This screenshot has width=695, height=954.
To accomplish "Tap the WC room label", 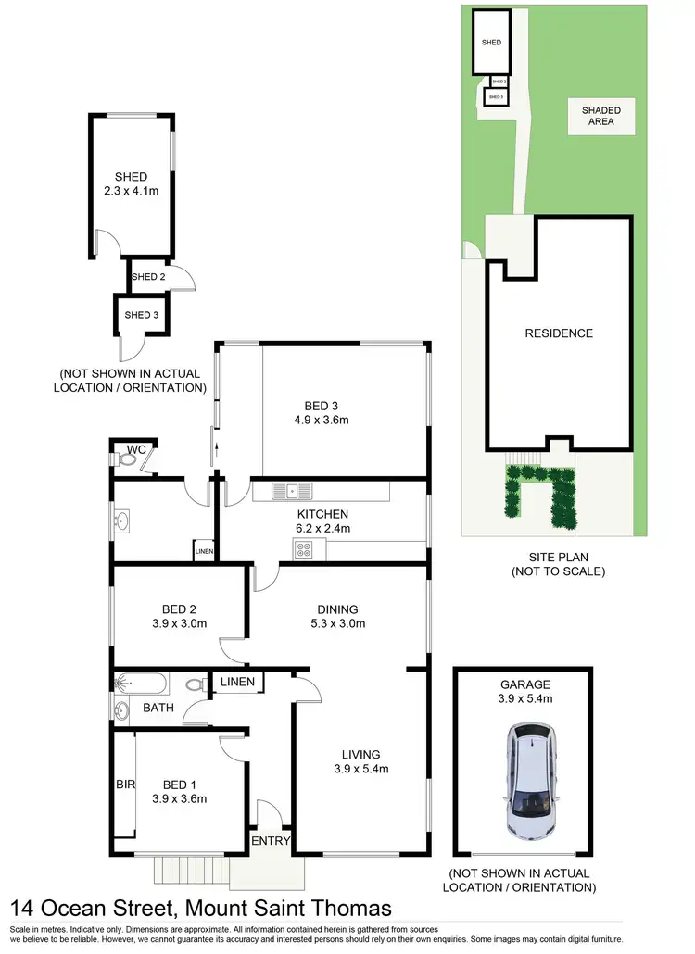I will click(x=136, y=449).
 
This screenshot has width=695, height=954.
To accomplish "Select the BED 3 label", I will click(x=322, y=405).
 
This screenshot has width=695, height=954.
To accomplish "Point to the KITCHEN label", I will click(x=322, y=514).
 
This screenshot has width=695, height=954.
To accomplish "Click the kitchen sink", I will click(x=291, y=491).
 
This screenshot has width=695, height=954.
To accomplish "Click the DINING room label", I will click(x=337, y=609).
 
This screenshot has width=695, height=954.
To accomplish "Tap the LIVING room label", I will click(x=360, y=754).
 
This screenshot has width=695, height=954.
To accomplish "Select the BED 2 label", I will click(x=180, y=609).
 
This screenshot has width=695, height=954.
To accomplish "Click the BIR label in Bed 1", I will click(x=124, y=785).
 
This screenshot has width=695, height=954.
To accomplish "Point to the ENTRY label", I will click(x=272, y=841).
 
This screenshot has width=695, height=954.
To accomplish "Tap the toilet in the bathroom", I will click(x=196, y=685).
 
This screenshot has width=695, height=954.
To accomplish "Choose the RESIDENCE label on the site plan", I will click(x=558, y=333).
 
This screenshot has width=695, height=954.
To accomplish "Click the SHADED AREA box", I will click(x=600, y=116).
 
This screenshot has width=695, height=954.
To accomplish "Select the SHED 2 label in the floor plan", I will click(x=148, y=276).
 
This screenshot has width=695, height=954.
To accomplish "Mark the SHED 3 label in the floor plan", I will click(x=143, y=315).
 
